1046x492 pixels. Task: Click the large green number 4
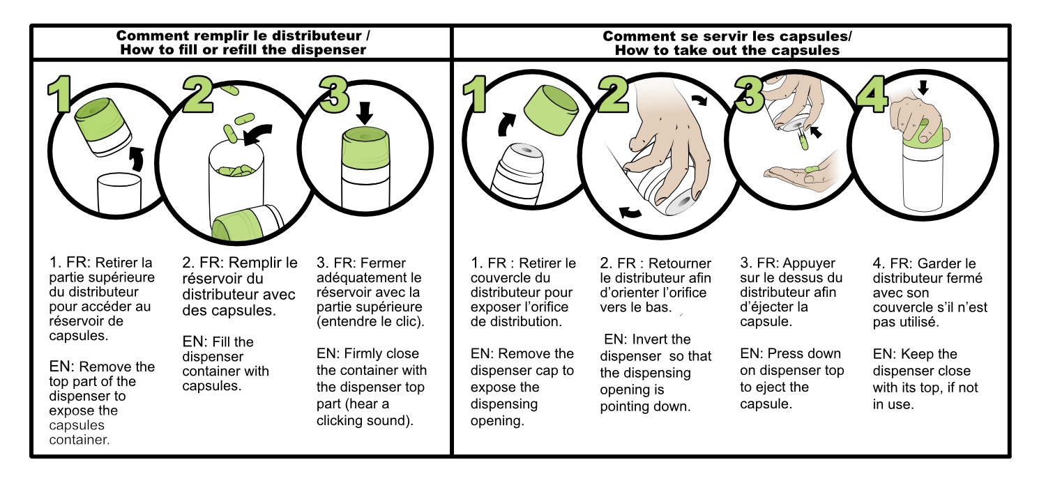872,94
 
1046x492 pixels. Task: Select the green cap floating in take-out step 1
551,109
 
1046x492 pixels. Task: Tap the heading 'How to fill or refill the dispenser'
243,50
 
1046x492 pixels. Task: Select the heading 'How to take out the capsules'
727,50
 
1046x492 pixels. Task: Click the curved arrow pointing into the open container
258,134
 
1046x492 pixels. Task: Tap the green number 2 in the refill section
198,94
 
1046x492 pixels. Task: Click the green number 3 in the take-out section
748,94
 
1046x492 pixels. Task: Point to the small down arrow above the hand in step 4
923,87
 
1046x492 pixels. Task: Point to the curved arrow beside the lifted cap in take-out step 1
506,125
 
